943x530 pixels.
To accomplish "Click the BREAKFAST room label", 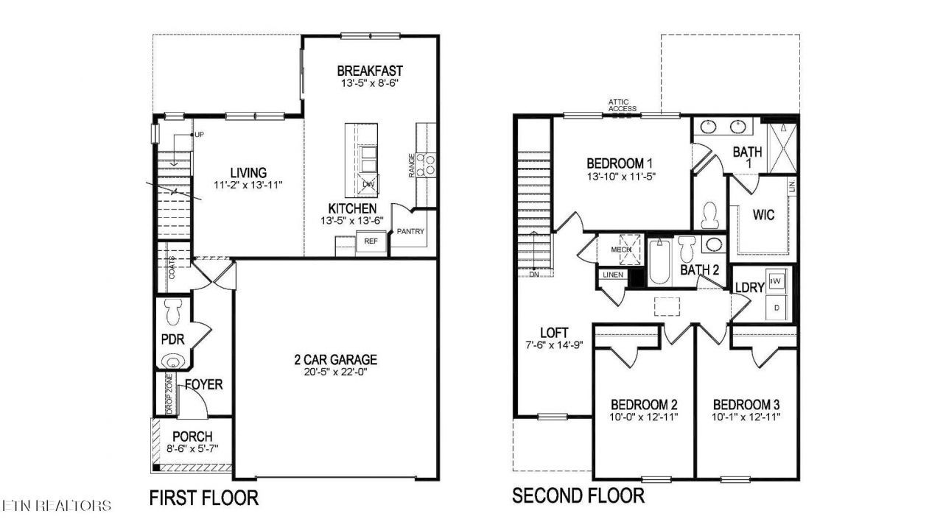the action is click(370, 71).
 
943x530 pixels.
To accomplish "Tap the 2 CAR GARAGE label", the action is click(335, 360).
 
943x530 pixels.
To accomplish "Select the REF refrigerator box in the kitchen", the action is click(371, 241).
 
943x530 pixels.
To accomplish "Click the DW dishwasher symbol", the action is click(368, 185).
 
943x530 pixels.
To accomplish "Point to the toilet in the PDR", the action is click(172, 311).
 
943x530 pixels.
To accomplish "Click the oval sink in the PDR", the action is click(173, 361).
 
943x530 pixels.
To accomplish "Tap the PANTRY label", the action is click(410, 231).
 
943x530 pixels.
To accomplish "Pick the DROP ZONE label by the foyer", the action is click(169, 394).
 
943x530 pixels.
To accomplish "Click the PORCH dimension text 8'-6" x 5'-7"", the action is click(192, 449).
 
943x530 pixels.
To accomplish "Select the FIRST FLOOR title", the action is click(204, 498).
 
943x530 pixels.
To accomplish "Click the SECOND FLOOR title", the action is click(578, 496).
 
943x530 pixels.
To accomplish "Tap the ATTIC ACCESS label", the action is click(622, 105).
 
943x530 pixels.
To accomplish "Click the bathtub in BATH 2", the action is click(659, 261).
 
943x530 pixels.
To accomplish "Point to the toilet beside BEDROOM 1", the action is click(710, 215).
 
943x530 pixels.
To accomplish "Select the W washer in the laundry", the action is click(777, 281).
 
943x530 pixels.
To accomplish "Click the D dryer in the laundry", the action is click(777, 308).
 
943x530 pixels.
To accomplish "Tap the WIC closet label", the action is click(763, 215).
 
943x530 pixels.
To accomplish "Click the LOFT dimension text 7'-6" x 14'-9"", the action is click(553, 345).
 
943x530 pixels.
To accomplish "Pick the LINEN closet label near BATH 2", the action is click(613, 275).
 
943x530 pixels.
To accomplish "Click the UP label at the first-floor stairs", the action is click(199, 135).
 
